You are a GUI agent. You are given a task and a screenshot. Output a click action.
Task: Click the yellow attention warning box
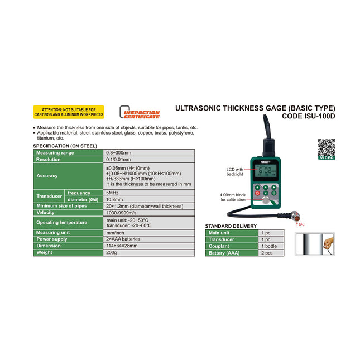pyautogui.click(x=69, y=112)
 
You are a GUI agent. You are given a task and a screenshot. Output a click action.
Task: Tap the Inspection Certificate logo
pyautogui.click(x=141, y=113)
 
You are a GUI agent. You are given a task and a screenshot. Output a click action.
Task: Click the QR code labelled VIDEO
pyautogui.click(x=326, y=149)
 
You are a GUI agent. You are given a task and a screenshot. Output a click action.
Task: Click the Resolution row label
pyautogui.click(x=49, y=159)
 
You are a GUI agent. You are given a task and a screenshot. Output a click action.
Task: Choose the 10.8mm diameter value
pyautogui.click(x=114, y=199)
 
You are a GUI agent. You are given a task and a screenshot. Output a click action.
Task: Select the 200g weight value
pyautogui.click(x=112, y=253)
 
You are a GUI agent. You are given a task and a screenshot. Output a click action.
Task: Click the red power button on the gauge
pyautogui.click(x=257, y=193)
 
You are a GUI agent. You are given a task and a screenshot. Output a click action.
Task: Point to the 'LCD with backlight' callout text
pyautogui.click(x=234, y=171)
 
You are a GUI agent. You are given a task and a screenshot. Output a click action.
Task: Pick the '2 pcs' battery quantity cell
pyautogui.click(x=268, y=253)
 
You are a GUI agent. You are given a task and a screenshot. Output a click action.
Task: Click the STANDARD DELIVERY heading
pyautogui.click(x=231, y=226)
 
